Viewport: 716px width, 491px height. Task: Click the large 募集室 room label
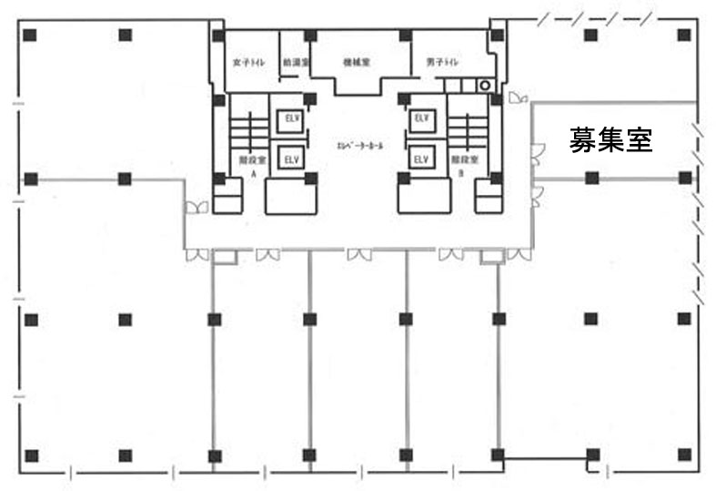click(x=611, y=139)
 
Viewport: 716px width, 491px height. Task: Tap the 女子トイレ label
click(x=248, y=63)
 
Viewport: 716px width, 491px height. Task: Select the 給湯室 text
click(x=297, y=63)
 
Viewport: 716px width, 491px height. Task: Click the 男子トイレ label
click(x=442, y=63)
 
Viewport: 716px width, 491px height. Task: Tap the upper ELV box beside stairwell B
click(x=421, y=118)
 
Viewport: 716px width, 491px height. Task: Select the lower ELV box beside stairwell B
click(x=421, y=159)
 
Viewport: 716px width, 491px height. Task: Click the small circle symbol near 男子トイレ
click(x=485, y=86)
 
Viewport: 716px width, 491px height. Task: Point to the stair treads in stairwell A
click(x=245, y=134)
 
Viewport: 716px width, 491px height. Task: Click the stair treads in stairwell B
click(x=468, y=134)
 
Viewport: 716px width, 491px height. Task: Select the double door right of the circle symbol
click(x=517, y=97)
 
